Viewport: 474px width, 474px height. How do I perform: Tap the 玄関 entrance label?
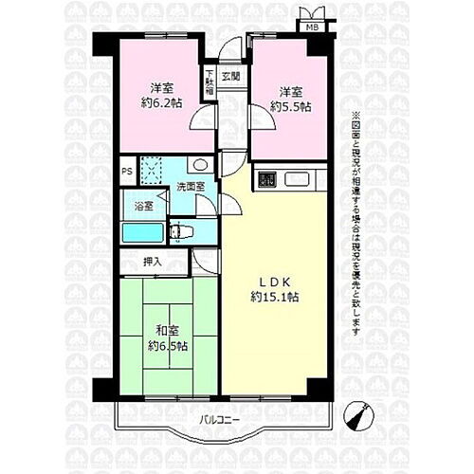point(230,76)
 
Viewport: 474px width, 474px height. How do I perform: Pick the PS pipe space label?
point(126,173)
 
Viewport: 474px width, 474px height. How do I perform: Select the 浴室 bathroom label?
point(143,205)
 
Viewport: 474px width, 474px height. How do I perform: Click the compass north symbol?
point(358,413)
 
